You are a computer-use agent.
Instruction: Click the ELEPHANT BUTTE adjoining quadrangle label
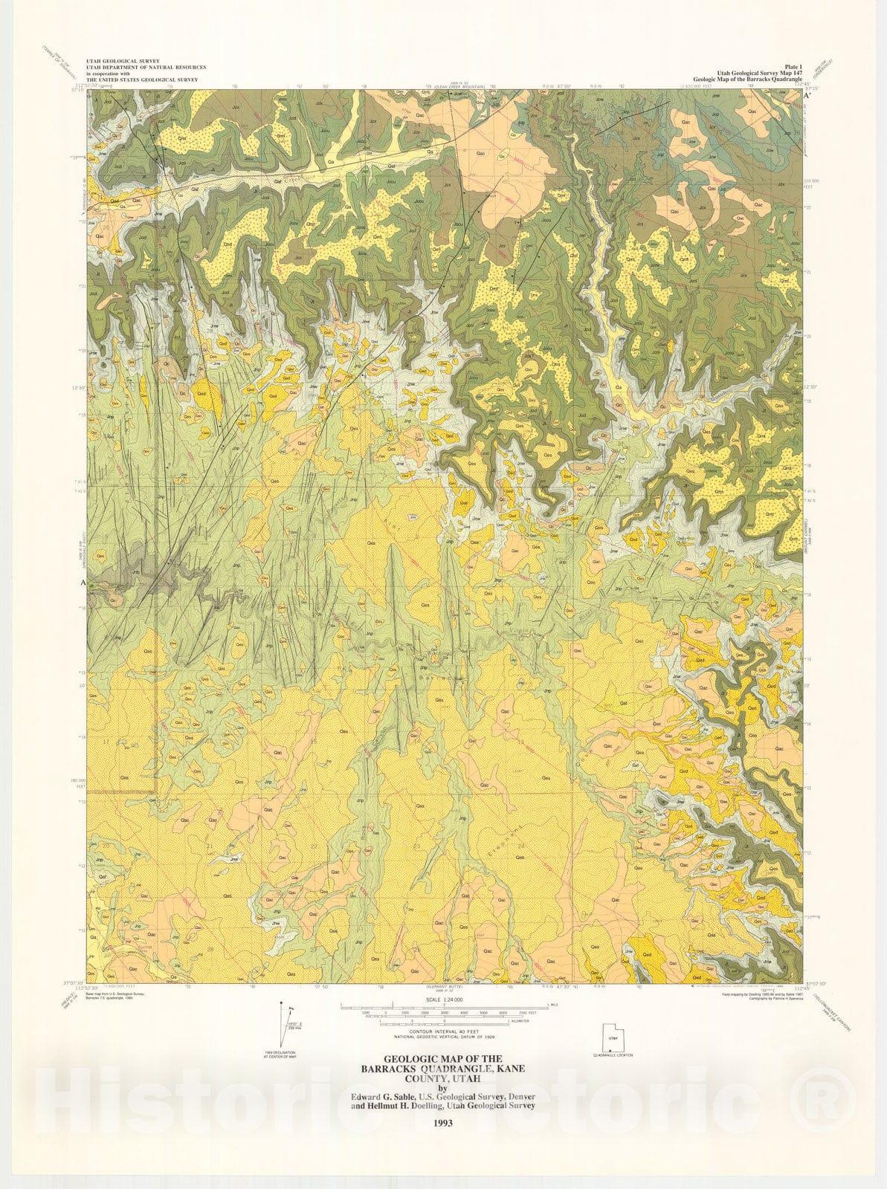pyautogui.click(x=443, y=988)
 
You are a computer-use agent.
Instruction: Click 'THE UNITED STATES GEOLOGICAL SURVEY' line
pyautogui.click(x=125, y=79)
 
